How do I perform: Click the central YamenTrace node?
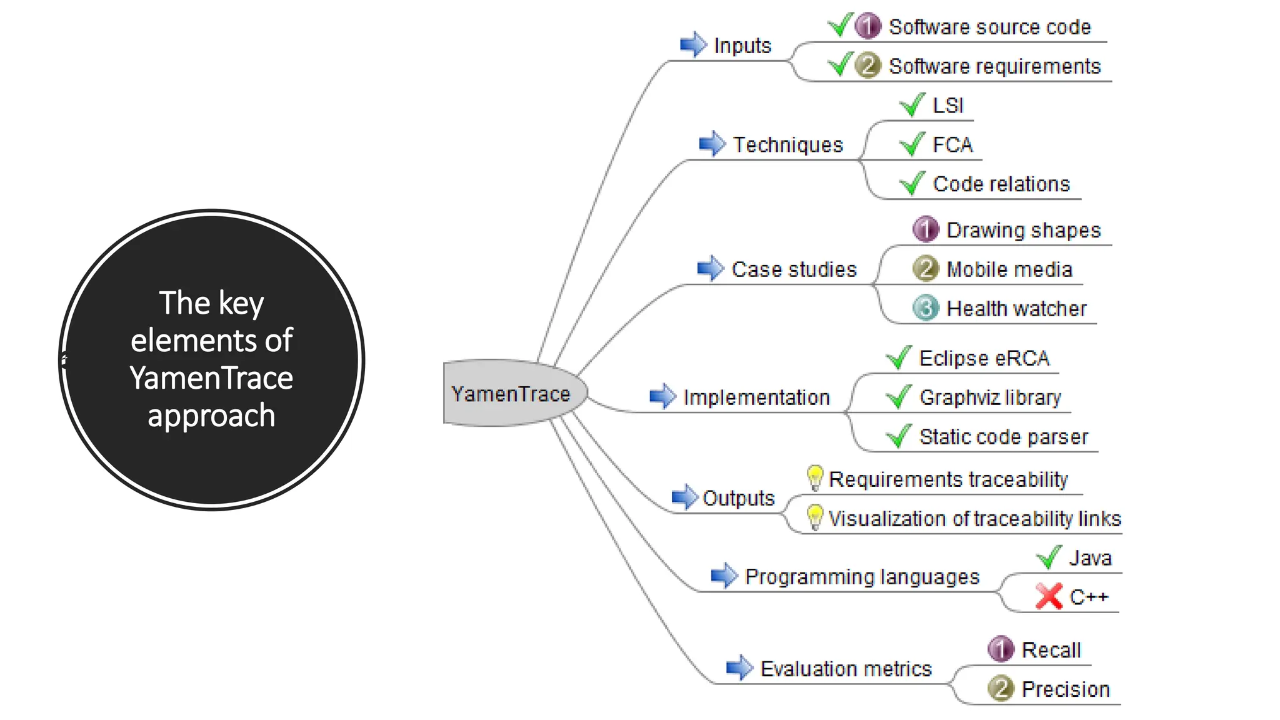(511, 394)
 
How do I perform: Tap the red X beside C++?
(1048, 596)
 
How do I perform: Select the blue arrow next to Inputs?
(693, 45)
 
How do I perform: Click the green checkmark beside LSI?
(912, 105)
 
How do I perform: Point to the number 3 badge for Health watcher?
(926, 308)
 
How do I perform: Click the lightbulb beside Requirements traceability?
(814, 478)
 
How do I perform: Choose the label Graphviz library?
(990, 397)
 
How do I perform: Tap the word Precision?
(1066, 689)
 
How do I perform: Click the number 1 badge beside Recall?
(1001, 649)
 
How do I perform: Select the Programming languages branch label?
(862, 576)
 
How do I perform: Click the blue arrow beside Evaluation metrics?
(739, 668)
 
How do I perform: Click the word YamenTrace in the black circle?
(211, 378)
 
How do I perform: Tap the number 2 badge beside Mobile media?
(926, 269)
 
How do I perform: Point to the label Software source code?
(989, 27)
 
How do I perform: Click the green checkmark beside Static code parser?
(899, 436)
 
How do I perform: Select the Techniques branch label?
(787, 144)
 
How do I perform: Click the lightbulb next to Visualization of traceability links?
(814, 517)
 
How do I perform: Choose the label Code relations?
(1001, 184)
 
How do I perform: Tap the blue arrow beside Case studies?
(711, 269)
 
